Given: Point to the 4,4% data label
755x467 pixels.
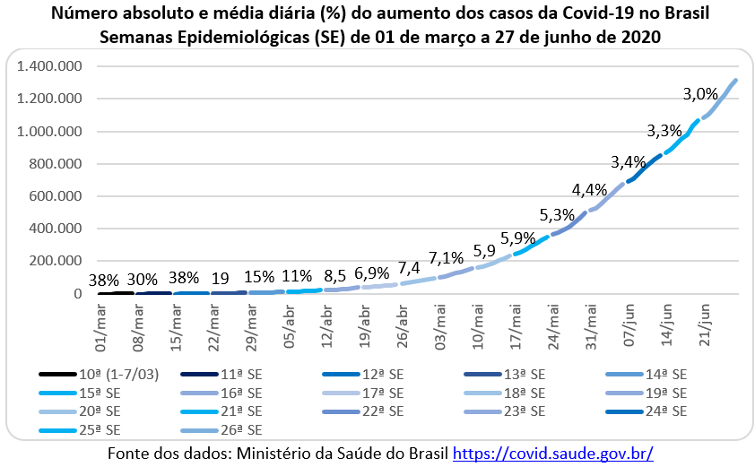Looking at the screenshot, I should [x=590, y=190].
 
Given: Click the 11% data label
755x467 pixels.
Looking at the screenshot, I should [x=297, y=276].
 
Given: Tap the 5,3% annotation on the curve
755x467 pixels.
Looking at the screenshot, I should [x=557, y=216].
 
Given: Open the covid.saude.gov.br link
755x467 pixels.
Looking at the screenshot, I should [x=552, y=454].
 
